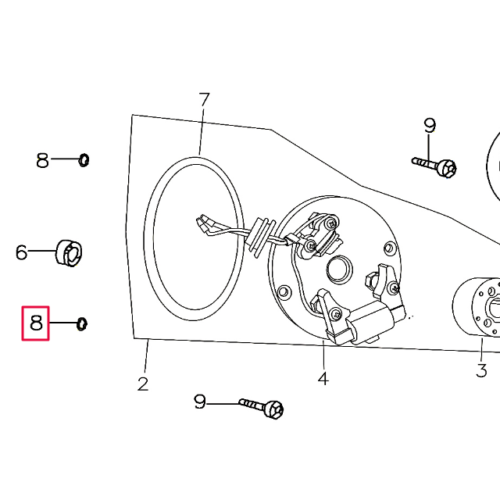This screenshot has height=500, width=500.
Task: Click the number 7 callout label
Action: (204, 100)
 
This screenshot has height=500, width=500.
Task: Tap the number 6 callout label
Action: (22, 252)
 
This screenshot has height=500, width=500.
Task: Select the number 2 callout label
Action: (143, 384)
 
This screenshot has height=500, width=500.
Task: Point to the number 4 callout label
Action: (323, 379)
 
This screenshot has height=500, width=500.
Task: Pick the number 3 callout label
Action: (481, 370)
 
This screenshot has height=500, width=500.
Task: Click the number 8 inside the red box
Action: (36, 323)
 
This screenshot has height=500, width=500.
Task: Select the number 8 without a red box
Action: (43, 161)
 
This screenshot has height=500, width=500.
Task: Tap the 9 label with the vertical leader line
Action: (429, 125)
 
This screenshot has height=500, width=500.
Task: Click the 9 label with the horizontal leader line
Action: (200, 402)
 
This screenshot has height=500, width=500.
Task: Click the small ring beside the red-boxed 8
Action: (81, 323)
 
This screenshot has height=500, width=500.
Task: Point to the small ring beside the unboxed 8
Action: (84, 160)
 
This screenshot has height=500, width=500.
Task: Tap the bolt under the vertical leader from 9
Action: (437, 166)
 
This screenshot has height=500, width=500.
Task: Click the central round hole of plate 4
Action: (340, 270)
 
